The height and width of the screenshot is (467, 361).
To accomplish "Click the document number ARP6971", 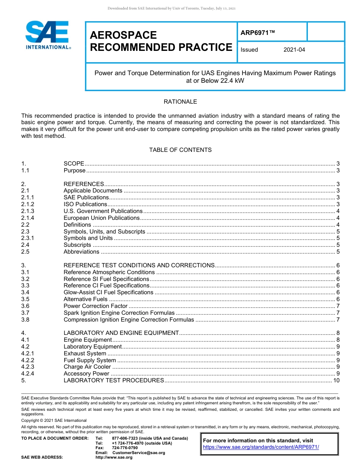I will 257,33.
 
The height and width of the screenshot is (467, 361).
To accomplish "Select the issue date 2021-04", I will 294,50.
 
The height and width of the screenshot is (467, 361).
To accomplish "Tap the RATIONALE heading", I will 180,102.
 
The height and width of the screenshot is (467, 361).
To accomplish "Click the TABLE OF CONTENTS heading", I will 180,150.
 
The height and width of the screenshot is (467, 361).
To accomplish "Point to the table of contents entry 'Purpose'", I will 74,170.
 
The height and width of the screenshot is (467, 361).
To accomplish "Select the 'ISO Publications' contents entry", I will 85,204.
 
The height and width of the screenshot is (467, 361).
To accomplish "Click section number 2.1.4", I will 28,218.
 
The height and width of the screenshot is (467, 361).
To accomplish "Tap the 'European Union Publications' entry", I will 101,218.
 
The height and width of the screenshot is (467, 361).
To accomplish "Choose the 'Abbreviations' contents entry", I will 81,252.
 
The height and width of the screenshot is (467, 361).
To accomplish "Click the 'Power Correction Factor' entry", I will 95,306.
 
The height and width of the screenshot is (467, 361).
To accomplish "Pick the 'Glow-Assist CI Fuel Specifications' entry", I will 108,292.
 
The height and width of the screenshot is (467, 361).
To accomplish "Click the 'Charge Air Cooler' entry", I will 87,367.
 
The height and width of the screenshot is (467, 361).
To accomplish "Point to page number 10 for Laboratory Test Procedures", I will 336,380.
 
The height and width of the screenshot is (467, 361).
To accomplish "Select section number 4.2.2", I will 28,360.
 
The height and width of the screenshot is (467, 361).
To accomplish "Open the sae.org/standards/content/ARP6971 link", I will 261,447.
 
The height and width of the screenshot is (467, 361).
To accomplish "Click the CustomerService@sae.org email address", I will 139,453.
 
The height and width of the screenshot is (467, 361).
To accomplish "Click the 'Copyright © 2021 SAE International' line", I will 54,421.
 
